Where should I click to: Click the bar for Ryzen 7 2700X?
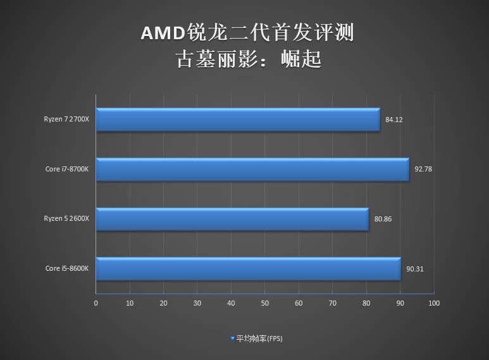238,120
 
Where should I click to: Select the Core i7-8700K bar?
252,169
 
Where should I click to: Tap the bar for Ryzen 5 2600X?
232,219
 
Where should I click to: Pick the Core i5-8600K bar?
248,268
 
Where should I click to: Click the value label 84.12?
393,120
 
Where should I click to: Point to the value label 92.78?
423,169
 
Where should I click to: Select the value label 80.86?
383,219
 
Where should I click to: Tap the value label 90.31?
414,269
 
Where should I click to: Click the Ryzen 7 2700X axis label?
66,120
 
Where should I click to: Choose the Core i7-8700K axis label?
67,169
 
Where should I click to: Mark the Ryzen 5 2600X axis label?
66,219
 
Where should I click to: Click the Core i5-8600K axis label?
67,269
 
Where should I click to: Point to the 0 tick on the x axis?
96,304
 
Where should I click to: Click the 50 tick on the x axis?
264,304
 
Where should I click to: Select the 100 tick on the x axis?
433,304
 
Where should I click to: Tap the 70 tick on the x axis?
332,304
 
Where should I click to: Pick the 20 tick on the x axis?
163,304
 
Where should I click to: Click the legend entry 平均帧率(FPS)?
259,338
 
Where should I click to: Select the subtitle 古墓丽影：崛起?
248,59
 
